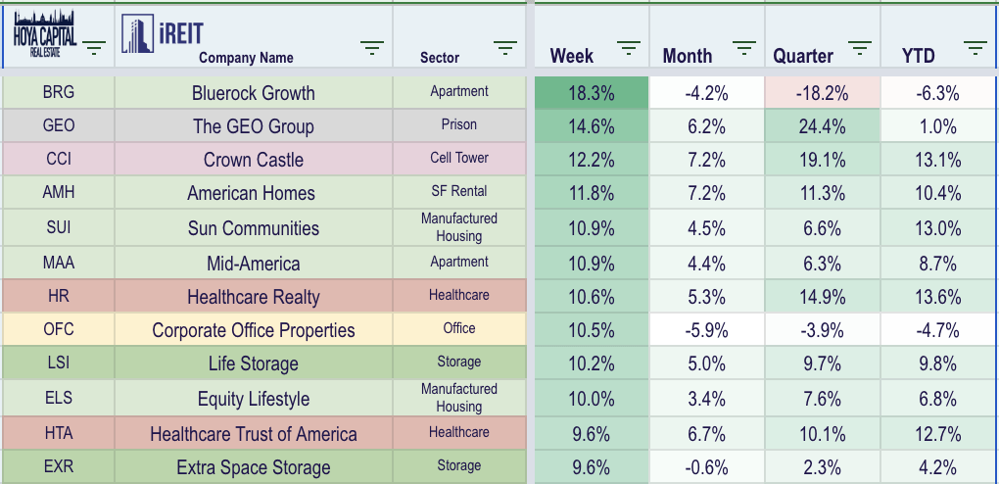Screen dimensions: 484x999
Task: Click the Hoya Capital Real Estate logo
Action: (x=43, y=35)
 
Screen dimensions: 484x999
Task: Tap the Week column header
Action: (x=572, y=56)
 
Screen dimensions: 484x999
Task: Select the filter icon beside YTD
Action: (x=975, y=49)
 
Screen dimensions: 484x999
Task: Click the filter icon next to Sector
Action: (x=505, y=49)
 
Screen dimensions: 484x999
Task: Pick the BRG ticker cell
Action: (x=59, y=93)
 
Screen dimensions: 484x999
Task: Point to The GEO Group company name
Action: (x=254, y=126)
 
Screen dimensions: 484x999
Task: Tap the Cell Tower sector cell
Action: (x=459, y=159)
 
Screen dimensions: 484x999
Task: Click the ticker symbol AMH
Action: (x=59, y=193)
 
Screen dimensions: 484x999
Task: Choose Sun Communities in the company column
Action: (x=254, y=228)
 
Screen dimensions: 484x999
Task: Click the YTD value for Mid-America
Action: (x=938, y=264)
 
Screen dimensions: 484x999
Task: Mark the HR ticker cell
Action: (x=59, y=297)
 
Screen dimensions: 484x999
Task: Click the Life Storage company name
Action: (x=254, y=363)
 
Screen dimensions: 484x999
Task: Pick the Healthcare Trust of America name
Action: (x=254, y=434)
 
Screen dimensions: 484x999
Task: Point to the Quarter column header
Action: (x=803, y=56)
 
